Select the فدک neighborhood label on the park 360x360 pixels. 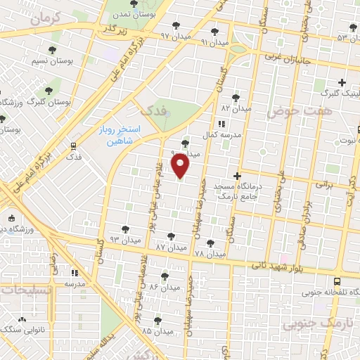click(x=152, y=110)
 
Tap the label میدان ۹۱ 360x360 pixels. click(x=215, y=43)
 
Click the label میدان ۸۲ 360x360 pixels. click(x=236, y=109)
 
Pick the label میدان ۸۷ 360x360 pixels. click(x=171, y=248)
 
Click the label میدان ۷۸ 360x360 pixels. click(x=210, y=253)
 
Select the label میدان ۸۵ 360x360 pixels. click(x=157, y=330)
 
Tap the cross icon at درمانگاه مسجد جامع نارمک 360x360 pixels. click(x=237, y=176)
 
